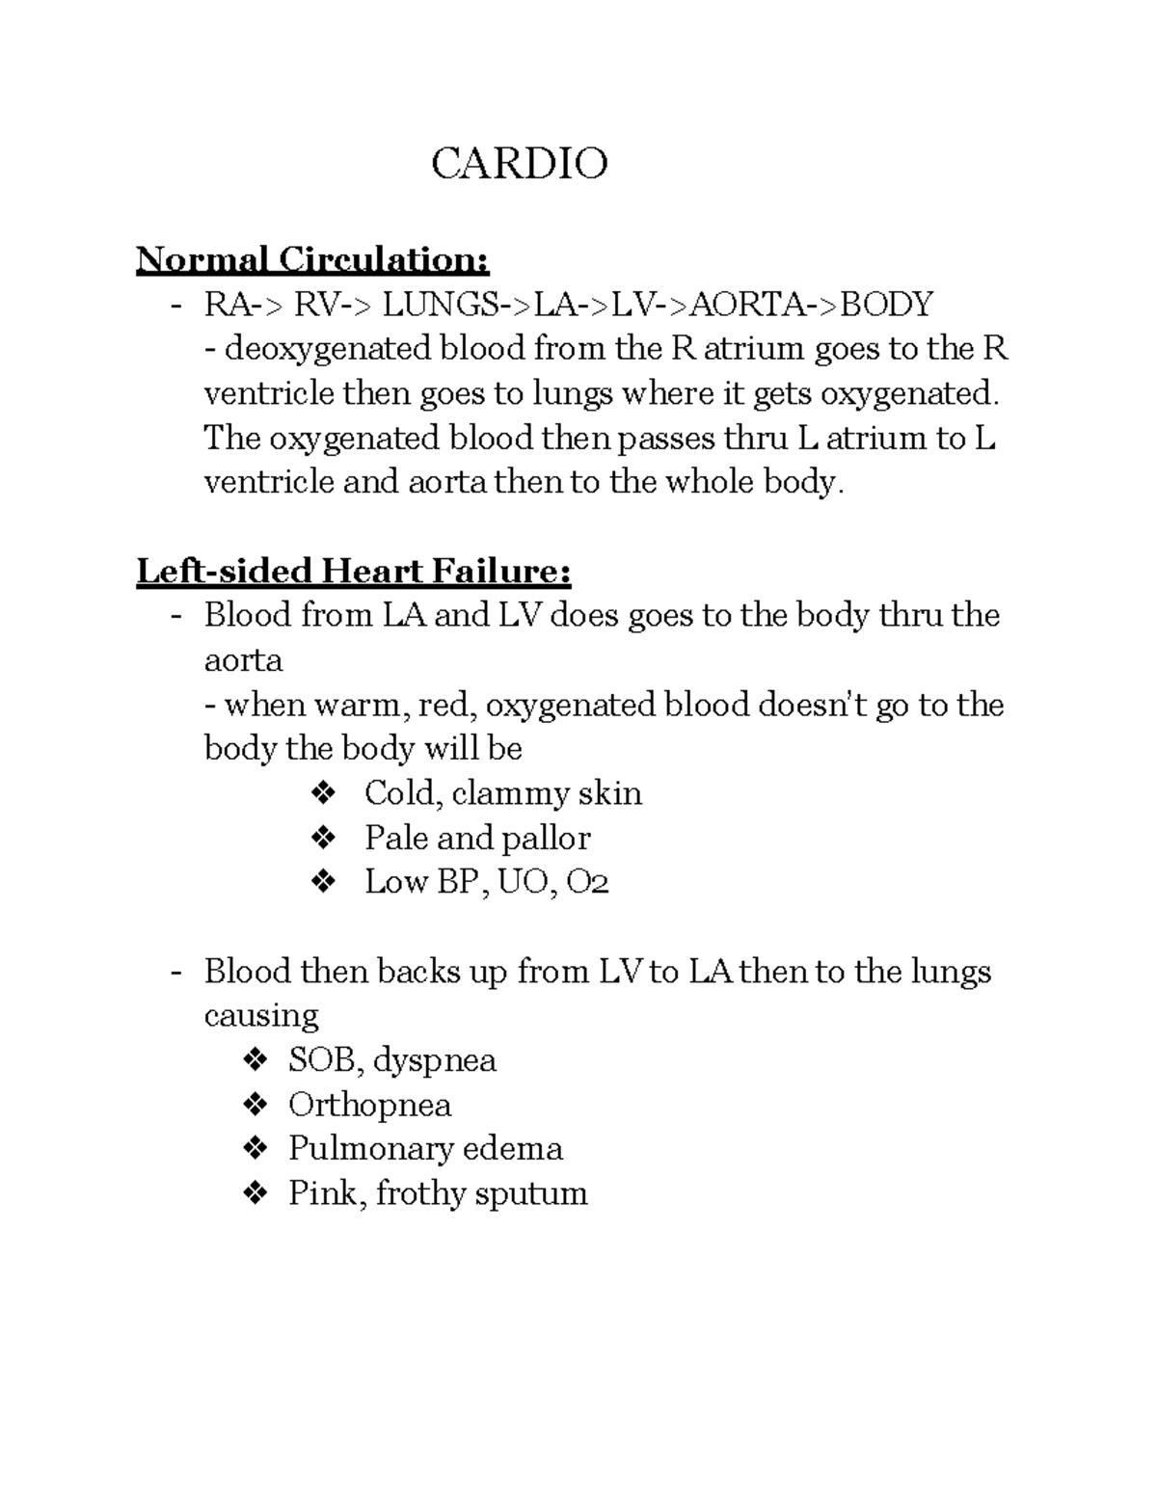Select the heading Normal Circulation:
coord(312,259)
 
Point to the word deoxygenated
coord(329,349)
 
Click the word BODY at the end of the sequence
coord(886,305)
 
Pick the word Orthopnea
coord(369,1104)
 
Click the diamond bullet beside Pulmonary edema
coord(256,1148)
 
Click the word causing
coord(260,1015)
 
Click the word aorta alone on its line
coord(243,660)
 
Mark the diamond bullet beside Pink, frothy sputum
coord(256,1192)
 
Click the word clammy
coord(509,793)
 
